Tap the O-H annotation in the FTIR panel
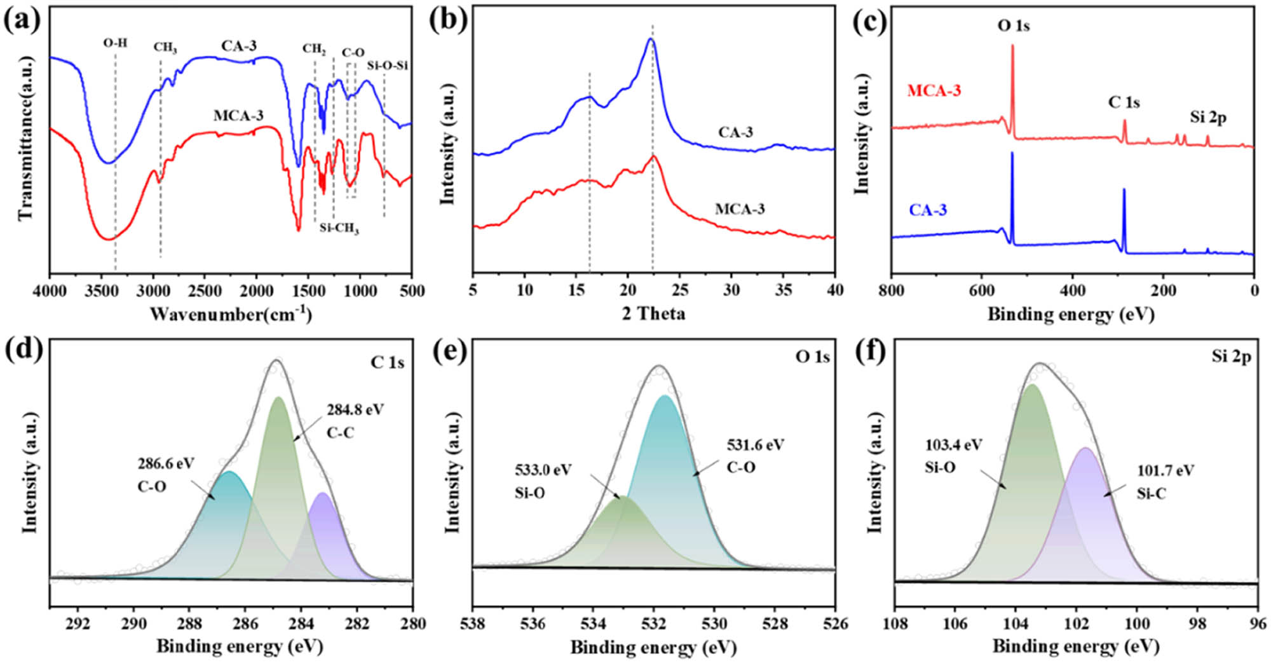click(115, 43)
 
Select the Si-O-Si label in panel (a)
click(387, 65)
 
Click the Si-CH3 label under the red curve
click(339, 228)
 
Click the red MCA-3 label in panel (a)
click(238, 116)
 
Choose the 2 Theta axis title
click(653, 313)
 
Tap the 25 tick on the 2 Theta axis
click(679, 290)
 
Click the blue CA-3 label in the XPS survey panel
click(928, 210)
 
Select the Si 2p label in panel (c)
click(1208, 118)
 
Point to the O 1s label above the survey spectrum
click(1013, 26)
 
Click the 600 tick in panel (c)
click(982, 290)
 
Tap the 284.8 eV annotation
click(355, 410)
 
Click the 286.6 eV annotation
click(166, 463)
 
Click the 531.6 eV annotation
click(756, 444)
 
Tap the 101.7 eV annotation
click(1166, 470)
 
